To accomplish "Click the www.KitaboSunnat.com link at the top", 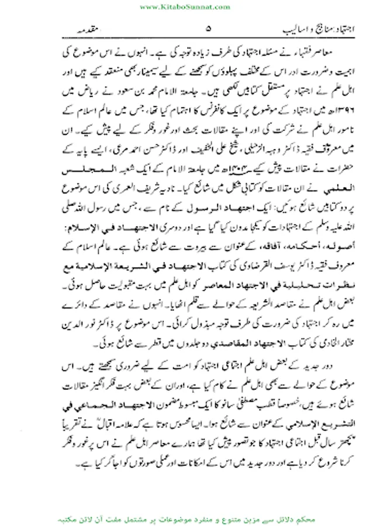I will point(185,6).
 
